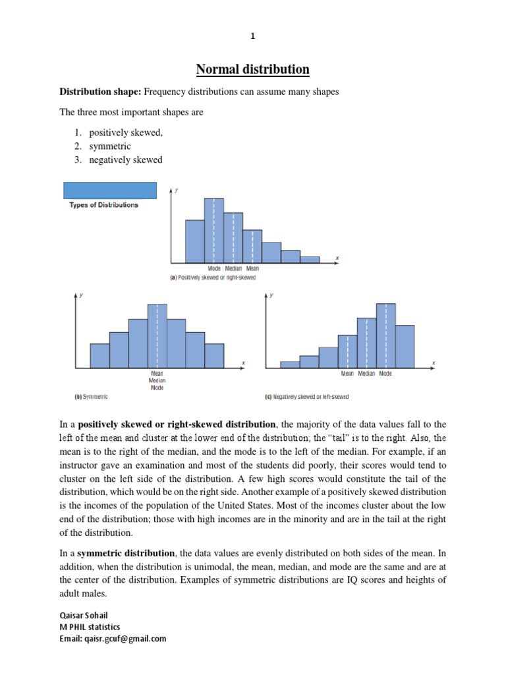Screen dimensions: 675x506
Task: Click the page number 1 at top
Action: coord(252,37)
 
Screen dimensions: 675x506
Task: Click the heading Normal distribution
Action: coord(252,69)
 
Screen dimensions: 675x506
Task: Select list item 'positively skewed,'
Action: coord(126,132)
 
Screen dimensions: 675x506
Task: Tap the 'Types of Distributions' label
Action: coord(104,205)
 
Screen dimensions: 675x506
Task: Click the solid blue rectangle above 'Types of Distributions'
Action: coord(109,190)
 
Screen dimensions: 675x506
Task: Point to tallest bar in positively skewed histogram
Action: coord(214,231)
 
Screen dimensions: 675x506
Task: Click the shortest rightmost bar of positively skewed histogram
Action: coord(310,260)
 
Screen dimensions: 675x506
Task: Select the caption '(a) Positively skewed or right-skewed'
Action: coord(213,278)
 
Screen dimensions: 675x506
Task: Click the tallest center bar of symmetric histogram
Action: coord(157,336)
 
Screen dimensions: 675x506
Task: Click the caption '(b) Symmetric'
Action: coord(91,397)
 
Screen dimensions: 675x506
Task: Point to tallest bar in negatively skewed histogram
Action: coord(385,336)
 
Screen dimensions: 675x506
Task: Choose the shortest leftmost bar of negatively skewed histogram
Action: coord(289,365)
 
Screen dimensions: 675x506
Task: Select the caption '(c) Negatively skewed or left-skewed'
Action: coord(306,397)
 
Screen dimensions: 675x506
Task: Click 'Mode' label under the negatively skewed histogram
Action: coord(385,373)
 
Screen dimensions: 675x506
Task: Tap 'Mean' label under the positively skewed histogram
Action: coord(252,268)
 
